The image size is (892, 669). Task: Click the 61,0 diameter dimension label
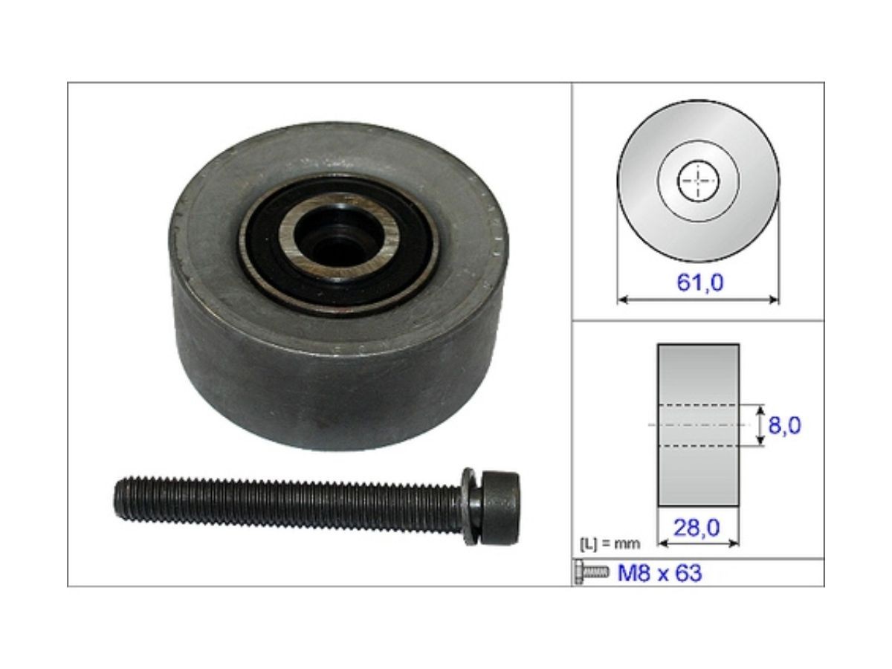[x=699, y=282]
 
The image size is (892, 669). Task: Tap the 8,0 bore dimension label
[x=784, y=425]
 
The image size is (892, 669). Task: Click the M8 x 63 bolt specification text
[x=659, y=572]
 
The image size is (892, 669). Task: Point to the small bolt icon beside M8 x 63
[x=592, y=572]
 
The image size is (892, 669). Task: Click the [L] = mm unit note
[x=610, y=543]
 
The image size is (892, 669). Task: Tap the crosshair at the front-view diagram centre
[x=698, y=181]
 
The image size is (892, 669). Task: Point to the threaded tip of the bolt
[x=122, y=500]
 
